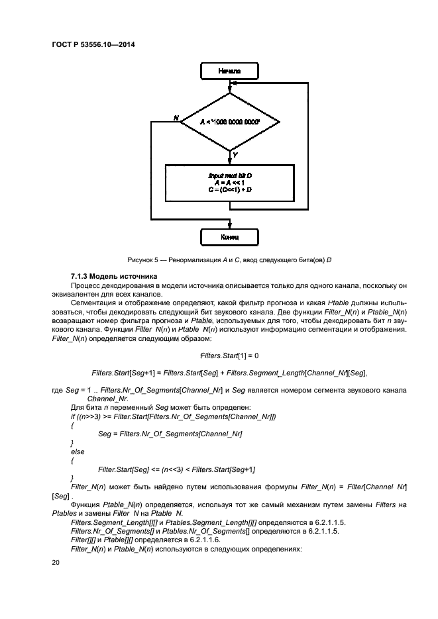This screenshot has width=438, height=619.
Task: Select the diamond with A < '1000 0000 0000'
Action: pos(229,122)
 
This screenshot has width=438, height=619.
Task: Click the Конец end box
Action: pos(229,236)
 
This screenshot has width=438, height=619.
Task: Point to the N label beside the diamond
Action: pos(176,117)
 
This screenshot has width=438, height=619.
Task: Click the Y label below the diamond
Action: pos(235,154)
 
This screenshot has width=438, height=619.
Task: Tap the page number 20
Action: pos(55,562)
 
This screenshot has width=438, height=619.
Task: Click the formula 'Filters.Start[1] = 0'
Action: pos(229,356)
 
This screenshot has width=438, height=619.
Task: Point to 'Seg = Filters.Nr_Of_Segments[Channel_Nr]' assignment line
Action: pos(170,433)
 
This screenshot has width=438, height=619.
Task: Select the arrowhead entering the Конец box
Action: pos(229,227)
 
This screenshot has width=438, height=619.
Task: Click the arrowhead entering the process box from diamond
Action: pos(229,162)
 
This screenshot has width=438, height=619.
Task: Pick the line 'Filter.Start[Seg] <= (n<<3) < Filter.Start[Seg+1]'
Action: pos(177,469)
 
